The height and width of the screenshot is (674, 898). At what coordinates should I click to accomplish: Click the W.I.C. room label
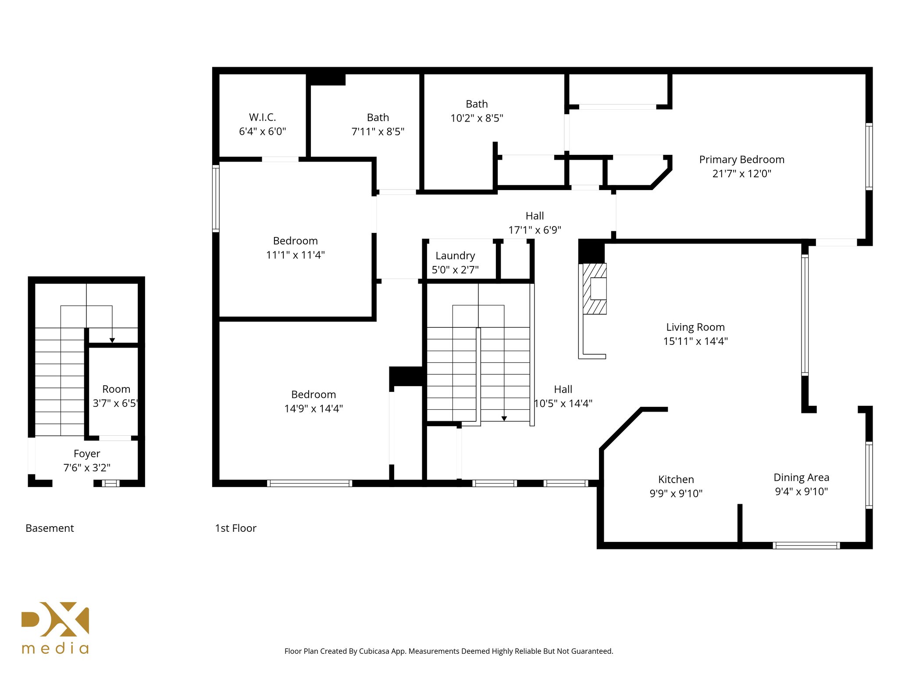click(263, 117)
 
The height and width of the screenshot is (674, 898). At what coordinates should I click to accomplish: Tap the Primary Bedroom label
click(741, 160)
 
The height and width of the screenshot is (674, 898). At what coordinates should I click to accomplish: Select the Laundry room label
click(455, 256)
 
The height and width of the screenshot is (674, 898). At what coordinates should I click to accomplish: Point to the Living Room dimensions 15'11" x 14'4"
click(695, 341)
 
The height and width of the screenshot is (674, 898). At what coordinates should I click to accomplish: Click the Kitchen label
click(676, 480)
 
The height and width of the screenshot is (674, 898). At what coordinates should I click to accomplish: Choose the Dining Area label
click(801, 477)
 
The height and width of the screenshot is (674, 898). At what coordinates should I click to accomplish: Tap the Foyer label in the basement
click(87, 454)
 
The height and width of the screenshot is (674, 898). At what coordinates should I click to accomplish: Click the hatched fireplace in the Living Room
click(595, 289)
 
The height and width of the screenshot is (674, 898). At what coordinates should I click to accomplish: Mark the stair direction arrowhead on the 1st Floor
click(504, 419)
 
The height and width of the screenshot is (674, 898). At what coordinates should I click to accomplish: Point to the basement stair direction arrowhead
click(112, 340)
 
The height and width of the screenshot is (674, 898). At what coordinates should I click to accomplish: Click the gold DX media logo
click(55, 627)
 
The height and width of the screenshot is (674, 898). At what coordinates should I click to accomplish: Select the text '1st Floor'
click(235, 528)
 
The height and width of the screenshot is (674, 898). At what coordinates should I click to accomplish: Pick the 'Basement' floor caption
click(50, 528)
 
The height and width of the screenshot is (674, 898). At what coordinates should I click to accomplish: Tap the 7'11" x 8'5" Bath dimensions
click(378, 132)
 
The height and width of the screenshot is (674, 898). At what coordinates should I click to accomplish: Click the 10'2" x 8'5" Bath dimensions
click(477, 118)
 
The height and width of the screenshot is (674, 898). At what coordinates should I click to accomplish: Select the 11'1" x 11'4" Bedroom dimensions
click(295, 255)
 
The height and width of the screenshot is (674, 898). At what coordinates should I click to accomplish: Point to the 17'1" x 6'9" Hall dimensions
click(535, 230)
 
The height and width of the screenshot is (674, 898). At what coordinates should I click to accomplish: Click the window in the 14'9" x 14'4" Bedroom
click(310, 483)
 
